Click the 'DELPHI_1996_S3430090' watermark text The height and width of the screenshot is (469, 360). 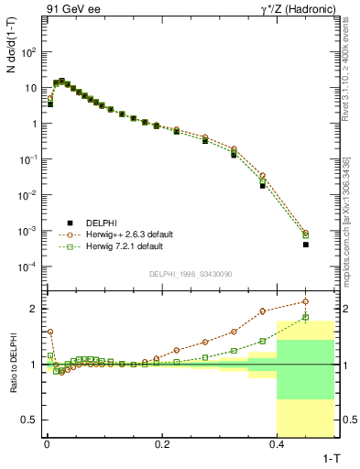click(x=190, y=275)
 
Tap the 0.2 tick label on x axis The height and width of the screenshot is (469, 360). click(x=162, y=443)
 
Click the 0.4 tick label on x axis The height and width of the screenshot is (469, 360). click(x=278, y=443)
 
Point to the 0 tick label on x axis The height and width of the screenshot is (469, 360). click(x=47, y=443)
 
